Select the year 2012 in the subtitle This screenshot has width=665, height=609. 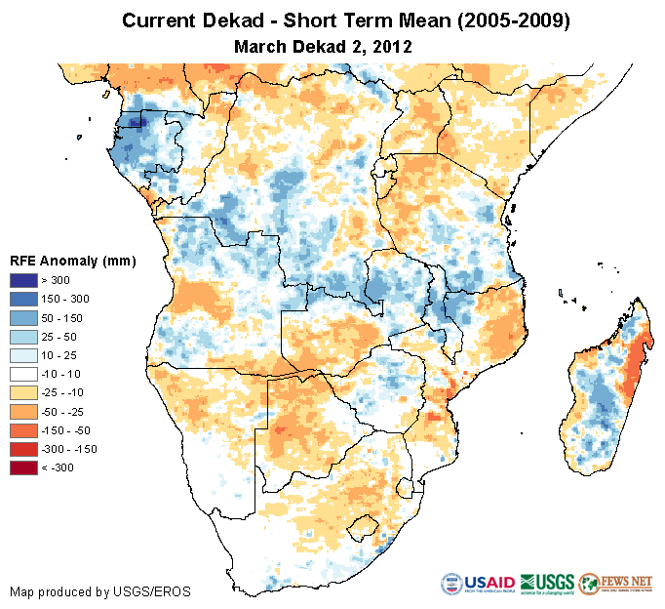(392, 46)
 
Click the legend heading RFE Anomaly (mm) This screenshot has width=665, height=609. (72, 261)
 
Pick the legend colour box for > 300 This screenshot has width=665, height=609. (24, 280)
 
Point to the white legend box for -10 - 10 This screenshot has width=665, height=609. (24, 374)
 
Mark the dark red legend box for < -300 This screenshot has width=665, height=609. (24, 467)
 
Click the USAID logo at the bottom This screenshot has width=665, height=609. (478, 585)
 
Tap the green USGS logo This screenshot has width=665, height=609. (547, 585)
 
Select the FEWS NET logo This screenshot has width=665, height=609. (615, 585)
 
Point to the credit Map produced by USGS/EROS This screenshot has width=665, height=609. (99, 591)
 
